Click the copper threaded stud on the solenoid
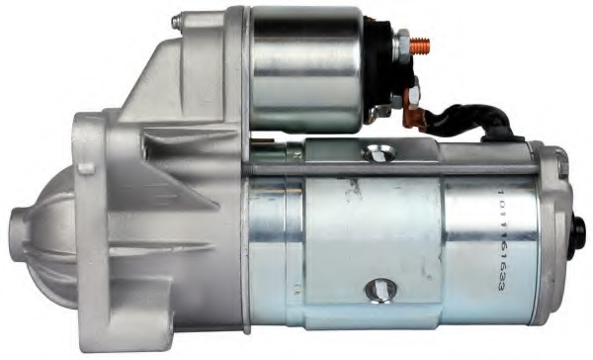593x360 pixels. coord(422,44)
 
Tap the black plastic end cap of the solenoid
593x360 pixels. coord(381,69)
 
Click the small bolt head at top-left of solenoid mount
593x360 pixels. coord(176,21)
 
